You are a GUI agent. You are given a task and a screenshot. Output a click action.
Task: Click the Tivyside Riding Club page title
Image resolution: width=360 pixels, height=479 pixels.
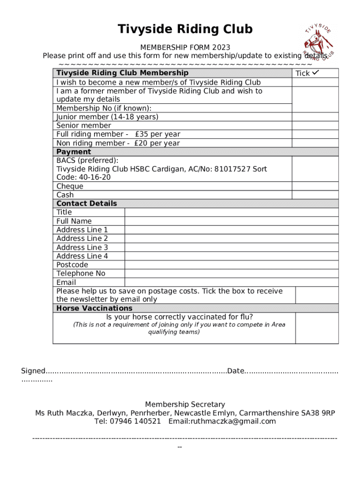point(185,29)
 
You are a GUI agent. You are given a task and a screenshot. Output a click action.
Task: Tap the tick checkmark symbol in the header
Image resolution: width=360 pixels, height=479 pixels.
point(316,73)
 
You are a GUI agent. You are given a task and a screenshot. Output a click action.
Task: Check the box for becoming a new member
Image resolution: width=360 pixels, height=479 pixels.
point(315,82)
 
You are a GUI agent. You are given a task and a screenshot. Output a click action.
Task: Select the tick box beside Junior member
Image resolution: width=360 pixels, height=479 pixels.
point(315,117)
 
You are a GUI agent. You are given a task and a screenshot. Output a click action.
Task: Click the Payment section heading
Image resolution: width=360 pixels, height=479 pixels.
point(73,152)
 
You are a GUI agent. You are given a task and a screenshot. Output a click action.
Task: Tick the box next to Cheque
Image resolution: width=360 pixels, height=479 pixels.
point(315,186)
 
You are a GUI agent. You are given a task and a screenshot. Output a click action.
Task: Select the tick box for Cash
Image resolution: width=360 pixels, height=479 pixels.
point(315,195)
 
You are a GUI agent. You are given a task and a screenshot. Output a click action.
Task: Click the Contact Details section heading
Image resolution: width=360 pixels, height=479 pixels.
point(86,203)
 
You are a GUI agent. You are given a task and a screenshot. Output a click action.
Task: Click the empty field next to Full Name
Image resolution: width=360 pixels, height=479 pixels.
point(231,221)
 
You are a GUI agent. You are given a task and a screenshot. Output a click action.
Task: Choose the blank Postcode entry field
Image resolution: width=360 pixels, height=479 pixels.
point(231,265)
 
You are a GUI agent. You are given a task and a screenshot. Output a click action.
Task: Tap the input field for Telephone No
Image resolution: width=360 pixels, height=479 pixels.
point(231,274)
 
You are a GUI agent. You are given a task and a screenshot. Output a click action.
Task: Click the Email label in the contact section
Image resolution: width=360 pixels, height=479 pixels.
point(66,283)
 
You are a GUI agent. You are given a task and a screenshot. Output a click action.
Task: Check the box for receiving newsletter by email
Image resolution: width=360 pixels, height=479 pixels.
point(317,295)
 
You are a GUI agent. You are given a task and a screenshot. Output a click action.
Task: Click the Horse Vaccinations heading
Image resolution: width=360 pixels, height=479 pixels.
point(94,308)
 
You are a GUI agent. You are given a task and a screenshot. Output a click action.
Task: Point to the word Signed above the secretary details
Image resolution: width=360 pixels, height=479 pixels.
point(33,371)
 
